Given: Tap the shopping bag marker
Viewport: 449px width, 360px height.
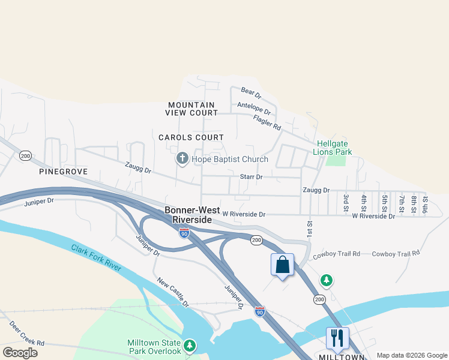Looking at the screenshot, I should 283,265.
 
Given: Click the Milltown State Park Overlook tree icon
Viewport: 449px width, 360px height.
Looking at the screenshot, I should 190,345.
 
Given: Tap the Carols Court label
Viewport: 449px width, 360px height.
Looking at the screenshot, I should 191,137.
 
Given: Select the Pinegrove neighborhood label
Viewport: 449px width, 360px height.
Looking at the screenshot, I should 63,172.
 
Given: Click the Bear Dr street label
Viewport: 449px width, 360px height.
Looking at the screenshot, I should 252,93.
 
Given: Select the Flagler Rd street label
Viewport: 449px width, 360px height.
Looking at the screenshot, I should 267,123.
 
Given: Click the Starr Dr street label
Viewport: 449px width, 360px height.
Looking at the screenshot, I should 251,177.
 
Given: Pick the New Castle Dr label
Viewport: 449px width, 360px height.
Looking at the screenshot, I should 173,292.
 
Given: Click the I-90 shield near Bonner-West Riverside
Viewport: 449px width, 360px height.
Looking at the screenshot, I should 184,233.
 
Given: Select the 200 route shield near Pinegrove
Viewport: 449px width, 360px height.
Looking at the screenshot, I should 25,155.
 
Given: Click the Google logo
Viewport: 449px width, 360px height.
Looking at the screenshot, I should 20,353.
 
